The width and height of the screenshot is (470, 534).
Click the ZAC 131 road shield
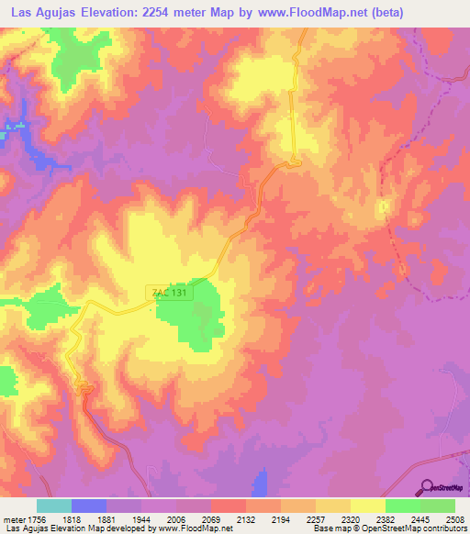[168, 293]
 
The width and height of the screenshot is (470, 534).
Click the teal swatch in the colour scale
[54, 506]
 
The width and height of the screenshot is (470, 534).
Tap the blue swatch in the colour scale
[89, 506]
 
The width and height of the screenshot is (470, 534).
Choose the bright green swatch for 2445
[403, 506]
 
